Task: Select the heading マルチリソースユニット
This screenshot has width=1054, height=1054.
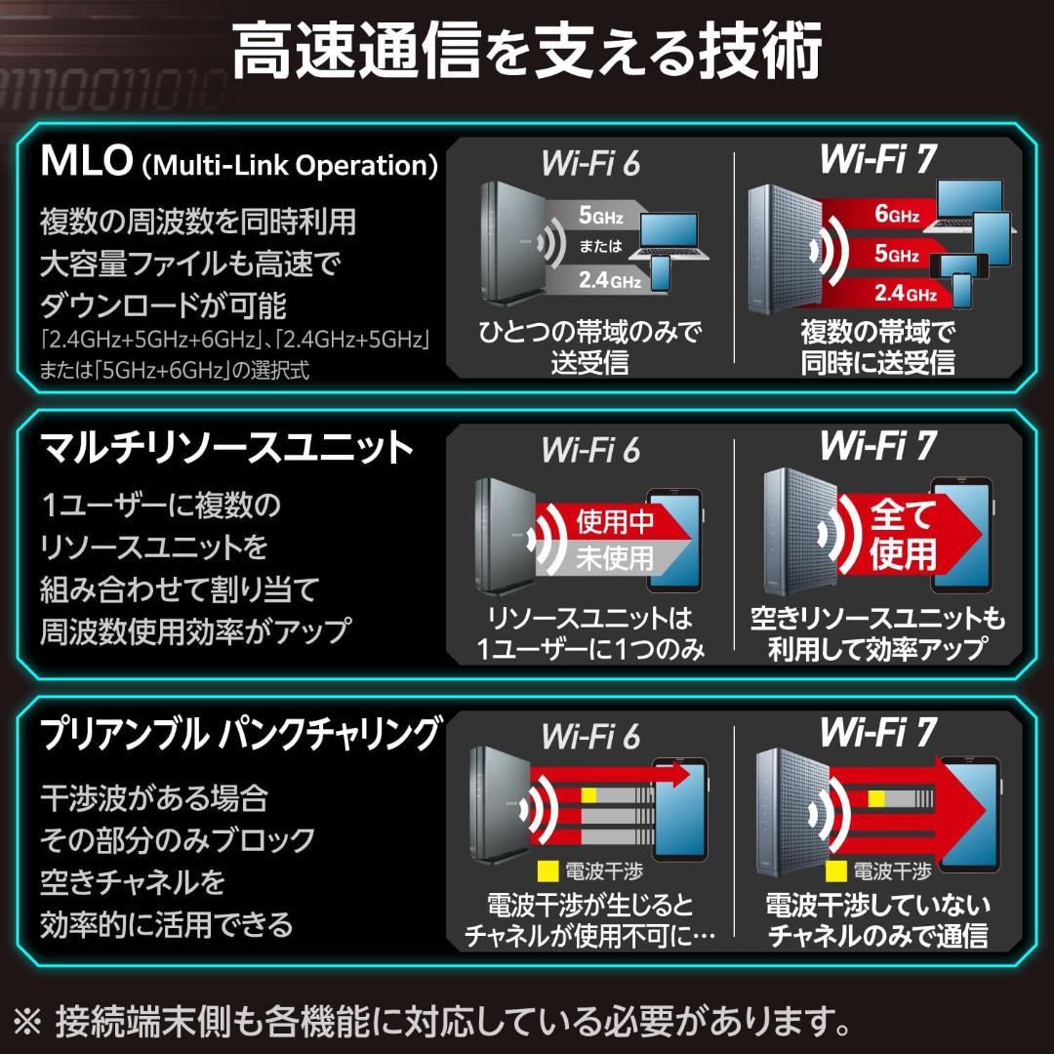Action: pyautogui.click(x=226, y=448)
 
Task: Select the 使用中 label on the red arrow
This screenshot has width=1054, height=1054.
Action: pyautogui.click(x=615, y=522)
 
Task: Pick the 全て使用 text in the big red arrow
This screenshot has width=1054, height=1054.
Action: pyautogui.click(x=903, y=534)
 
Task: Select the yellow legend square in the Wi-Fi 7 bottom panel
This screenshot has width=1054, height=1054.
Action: pyautogui.click(x=835, y=869)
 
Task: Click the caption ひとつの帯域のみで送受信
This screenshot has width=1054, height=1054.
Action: pyautogui.click(x=589, y=347)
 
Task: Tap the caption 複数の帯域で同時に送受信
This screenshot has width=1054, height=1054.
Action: pyautogui.click(x=877, y=347)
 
